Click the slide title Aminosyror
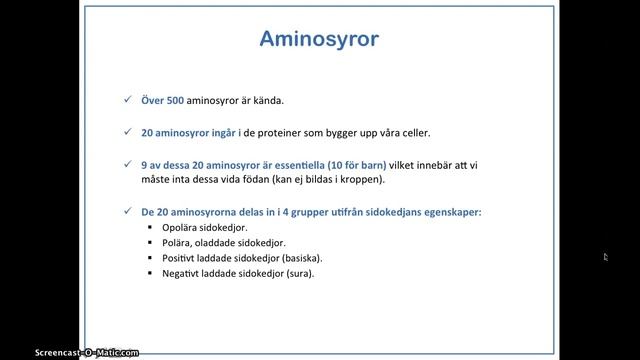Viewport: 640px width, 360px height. point(319,40)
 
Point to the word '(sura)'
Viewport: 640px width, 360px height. point(298,272)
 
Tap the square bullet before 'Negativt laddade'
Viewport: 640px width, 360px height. point(149,272)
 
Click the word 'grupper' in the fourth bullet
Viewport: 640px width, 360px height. point(326,212)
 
